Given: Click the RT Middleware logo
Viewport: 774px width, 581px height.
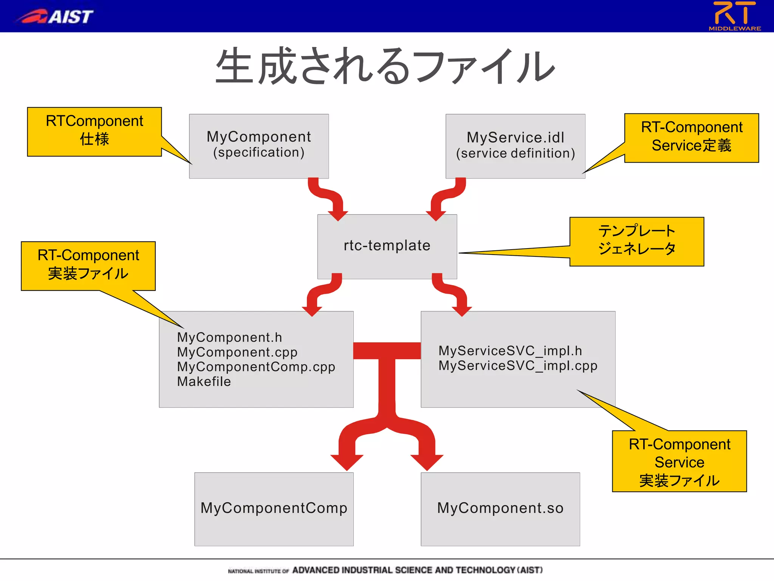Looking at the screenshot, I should click(x=734, y=16).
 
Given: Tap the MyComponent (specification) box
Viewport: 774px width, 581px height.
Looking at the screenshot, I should click(x=259, y=145).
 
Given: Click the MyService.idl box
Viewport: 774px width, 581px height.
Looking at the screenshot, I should click(x=515, y=145).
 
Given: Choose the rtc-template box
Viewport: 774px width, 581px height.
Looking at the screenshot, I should click(x=387, y=246).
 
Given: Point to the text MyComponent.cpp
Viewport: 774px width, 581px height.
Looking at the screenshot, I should click(x=237, y=352).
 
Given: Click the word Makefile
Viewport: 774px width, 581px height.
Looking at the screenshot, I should click(x=204, y=382).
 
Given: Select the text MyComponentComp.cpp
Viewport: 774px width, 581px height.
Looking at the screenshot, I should click(x=256, y=367).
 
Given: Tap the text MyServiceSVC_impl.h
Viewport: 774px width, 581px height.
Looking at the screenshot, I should click(x=510, y=351).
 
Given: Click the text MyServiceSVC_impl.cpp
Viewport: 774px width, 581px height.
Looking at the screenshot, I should click(x=518, y=366).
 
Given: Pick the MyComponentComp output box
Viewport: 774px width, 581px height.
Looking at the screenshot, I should click(x=274, y=508).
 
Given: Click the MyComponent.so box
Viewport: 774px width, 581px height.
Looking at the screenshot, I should click(x=500, y=508).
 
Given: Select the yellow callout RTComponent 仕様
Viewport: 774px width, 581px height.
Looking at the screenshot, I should click(x=94, y=131).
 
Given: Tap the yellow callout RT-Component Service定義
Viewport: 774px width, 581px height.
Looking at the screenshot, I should click(x=691, y=137).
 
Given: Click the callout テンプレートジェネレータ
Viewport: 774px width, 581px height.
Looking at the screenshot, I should click(x=636, y=241).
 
